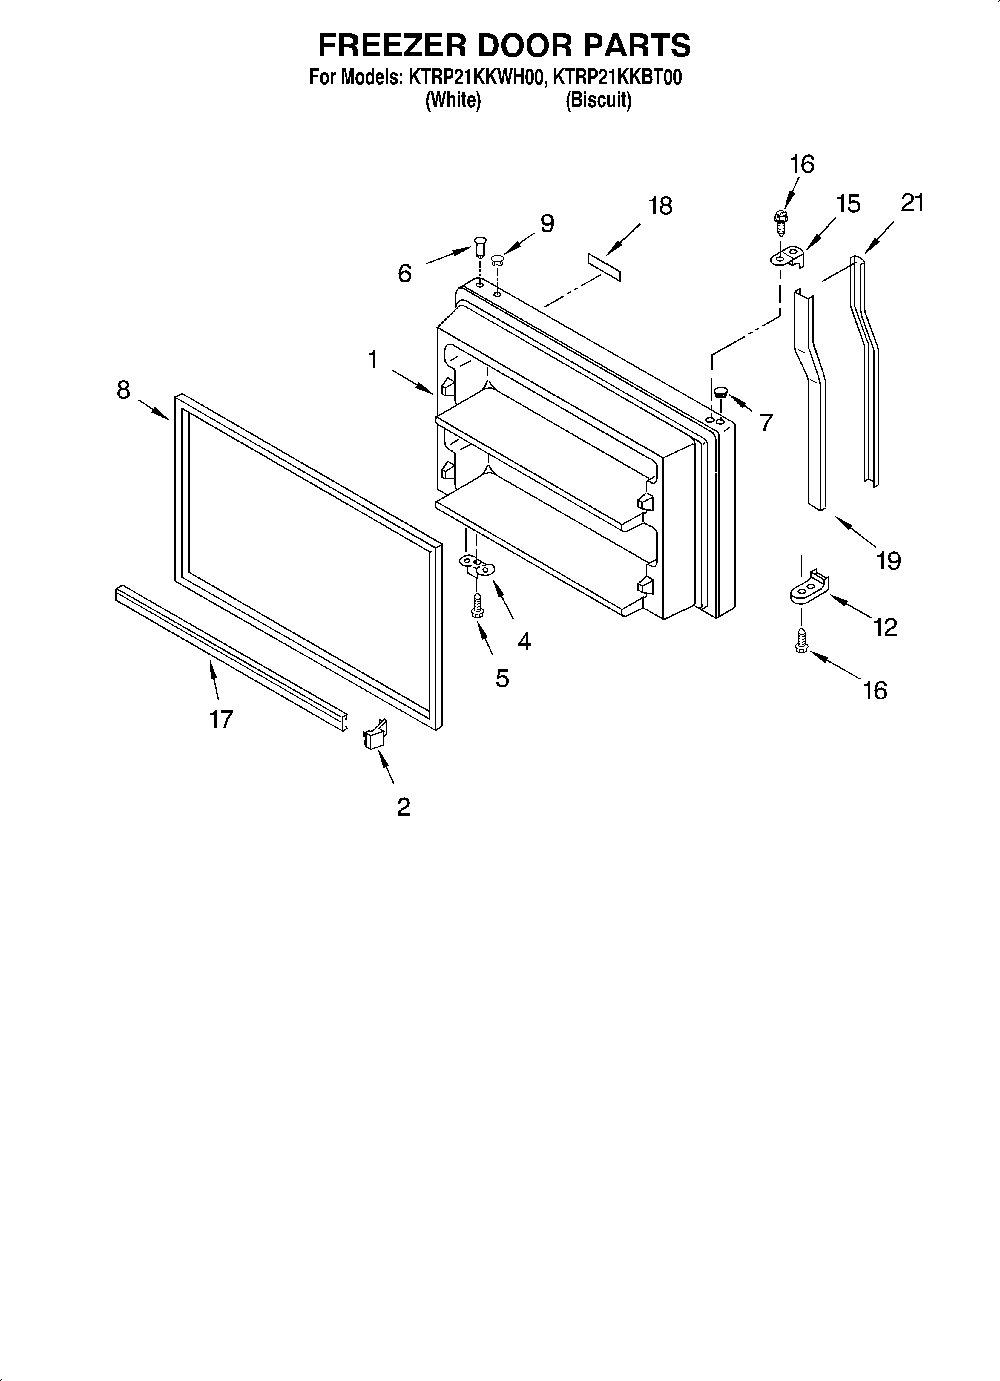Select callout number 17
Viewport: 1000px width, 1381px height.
click(x=221, y=720)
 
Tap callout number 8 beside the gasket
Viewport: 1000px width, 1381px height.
click(x=124, y=390)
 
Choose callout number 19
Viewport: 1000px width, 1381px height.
click(x=889, y=560)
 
